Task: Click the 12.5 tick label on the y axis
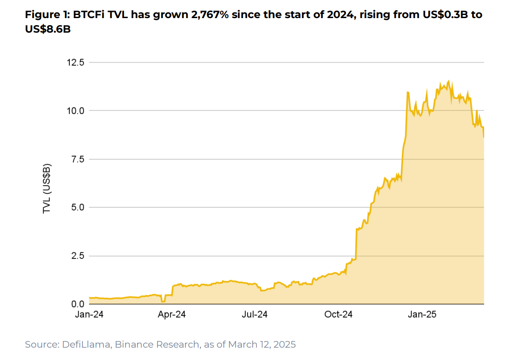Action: pos(75,62)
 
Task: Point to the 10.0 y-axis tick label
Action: pos(75,111)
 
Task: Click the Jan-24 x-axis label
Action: pos(89,315)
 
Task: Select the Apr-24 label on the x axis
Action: pos(172,315)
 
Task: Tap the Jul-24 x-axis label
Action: pos(255,315)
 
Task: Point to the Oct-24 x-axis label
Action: pos(338,315)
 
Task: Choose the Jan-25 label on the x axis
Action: pos(421,315)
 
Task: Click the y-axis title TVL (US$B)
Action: pos(47,188)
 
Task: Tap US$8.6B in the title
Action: pos(48,29)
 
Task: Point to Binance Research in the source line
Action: pos(158,345)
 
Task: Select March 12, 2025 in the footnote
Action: pos(262,345)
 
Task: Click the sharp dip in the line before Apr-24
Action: pos(163,301)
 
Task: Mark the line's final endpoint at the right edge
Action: pos(484,137)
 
